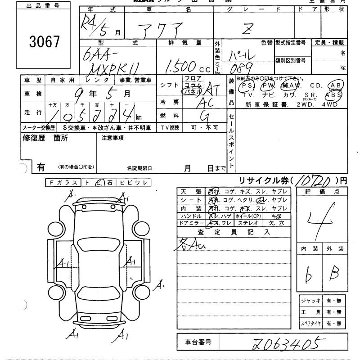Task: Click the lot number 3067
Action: (44, 41)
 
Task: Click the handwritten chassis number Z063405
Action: (288, 344)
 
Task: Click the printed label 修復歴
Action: (32, 139)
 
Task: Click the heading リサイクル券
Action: (261, 180)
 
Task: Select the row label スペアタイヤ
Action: (310, 324)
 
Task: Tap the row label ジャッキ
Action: (310, 301)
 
